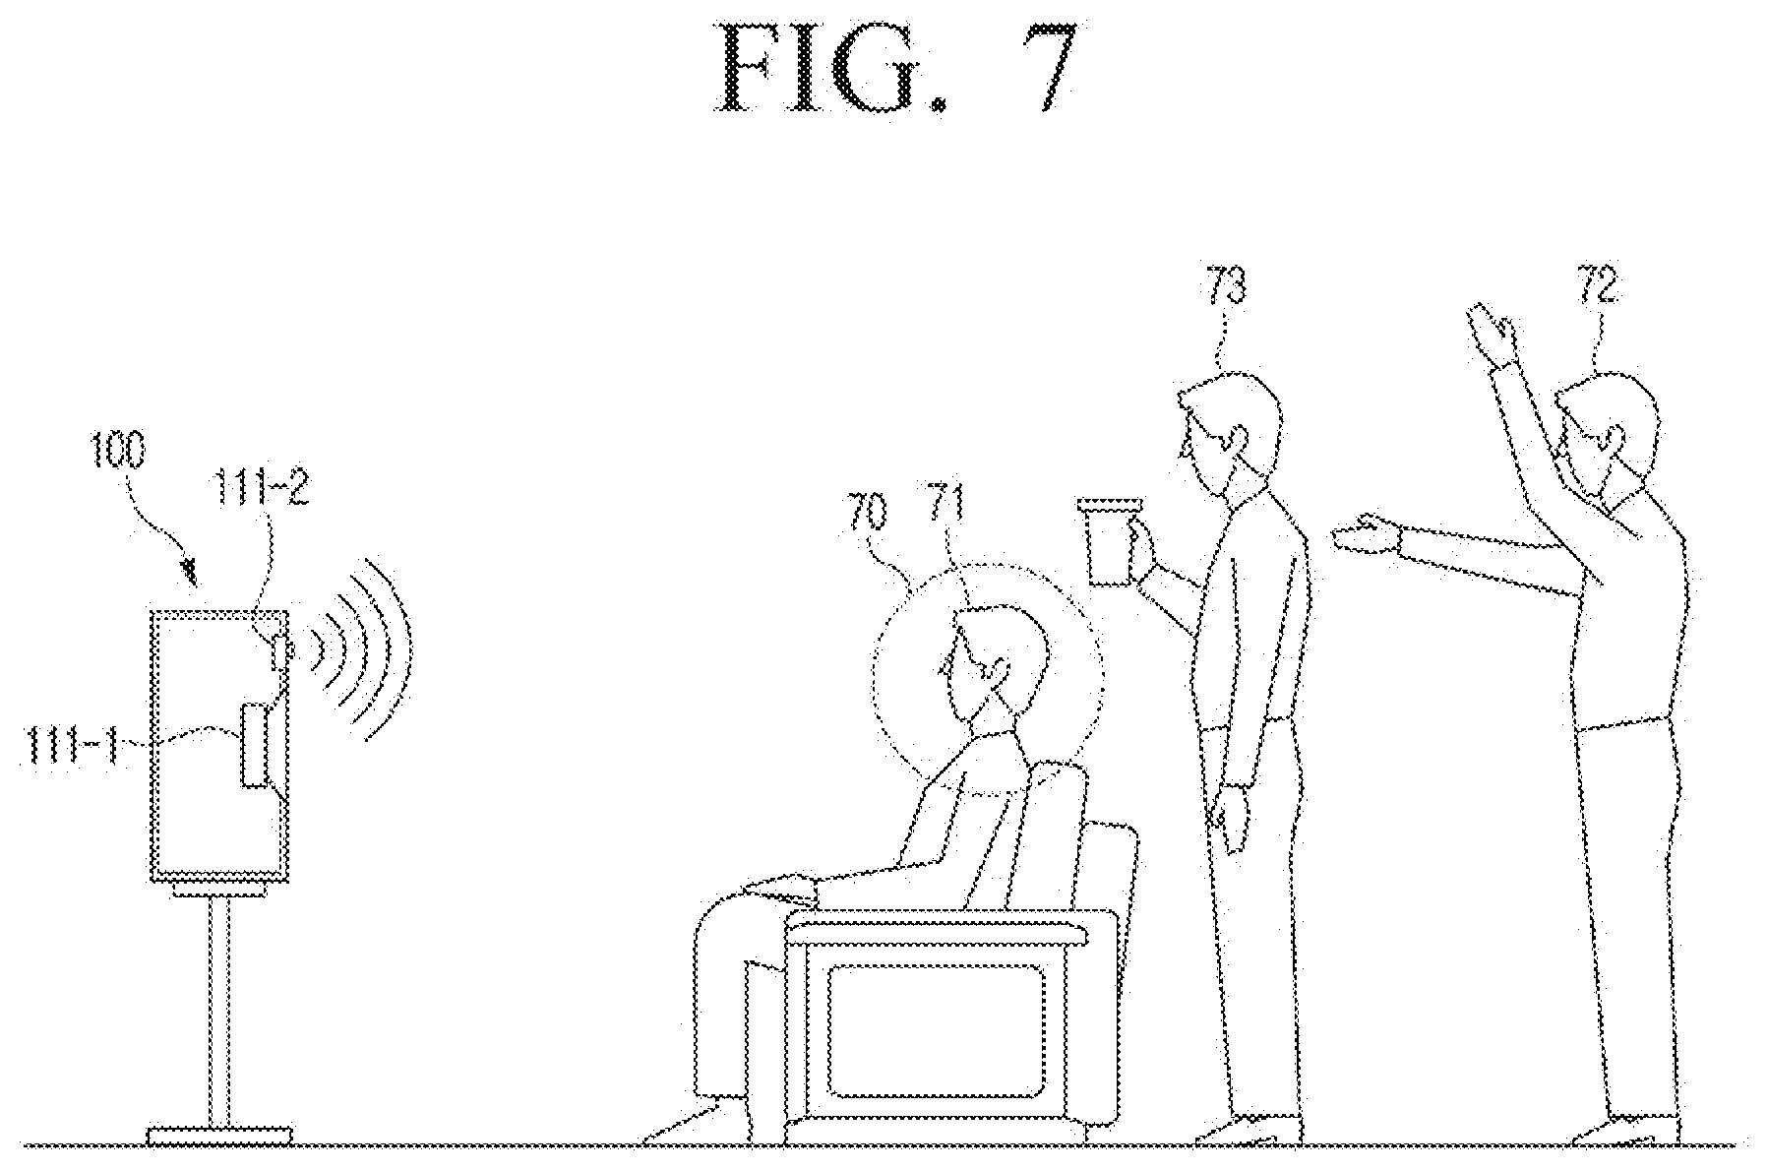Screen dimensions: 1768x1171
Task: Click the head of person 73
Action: [x=1230, y=433]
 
